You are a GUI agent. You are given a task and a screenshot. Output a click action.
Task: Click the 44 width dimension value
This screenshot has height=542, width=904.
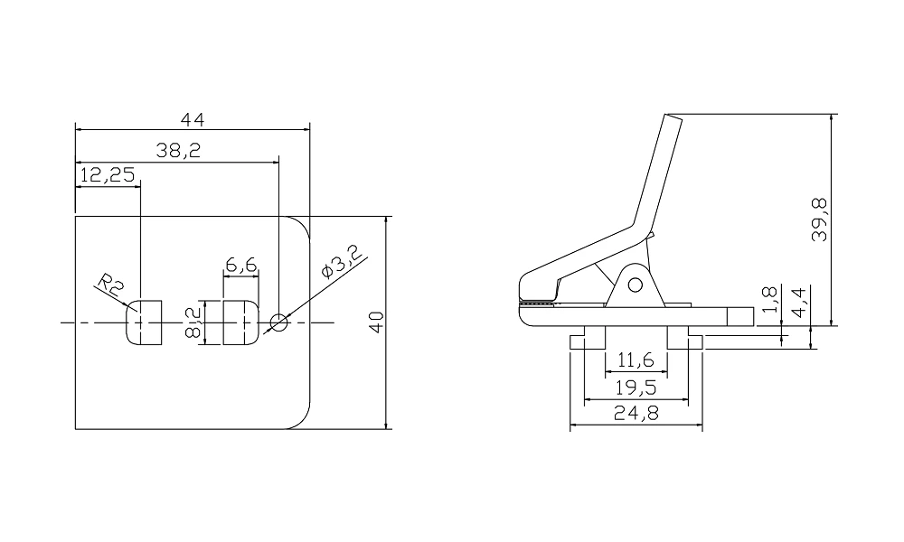(x=193, y=119)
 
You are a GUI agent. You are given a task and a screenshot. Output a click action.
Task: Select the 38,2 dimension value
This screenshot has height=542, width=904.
(x=177, y=152)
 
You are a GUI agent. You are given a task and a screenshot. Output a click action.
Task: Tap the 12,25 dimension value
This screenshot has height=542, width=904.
(x=107, y=175)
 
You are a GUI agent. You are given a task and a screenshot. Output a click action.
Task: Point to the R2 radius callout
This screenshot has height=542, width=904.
(x=112, y=287)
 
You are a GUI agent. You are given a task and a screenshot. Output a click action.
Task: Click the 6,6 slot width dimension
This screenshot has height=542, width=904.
(x=241, y=265)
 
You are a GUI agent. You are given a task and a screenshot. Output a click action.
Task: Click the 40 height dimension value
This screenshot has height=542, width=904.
(x=377, y=322)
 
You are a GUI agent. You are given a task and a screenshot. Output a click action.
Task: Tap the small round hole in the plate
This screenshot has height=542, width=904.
(x=278, y=322)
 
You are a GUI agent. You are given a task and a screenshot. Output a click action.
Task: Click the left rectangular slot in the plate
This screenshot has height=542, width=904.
(x=144, y=322)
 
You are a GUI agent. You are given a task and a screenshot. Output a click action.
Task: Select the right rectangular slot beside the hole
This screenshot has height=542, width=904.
(x=240, y=322)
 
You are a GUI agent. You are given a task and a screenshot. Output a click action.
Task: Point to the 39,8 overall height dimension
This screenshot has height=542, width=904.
(x=820, y=219)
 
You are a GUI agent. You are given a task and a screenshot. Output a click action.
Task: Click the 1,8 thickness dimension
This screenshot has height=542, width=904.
(x=769, y=299)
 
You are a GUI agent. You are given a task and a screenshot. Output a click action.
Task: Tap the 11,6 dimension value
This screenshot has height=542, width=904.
(x=636, y=361)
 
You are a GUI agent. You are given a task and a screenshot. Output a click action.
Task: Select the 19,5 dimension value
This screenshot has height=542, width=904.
(x=636, y=388)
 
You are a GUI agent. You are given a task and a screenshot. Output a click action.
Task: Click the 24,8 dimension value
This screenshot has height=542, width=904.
(x=636, y=414)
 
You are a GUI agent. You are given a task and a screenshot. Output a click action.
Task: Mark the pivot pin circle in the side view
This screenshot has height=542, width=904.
(x=635, y=285)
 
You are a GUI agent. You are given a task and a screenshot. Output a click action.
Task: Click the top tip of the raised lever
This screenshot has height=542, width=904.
(x=672, y=117)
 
